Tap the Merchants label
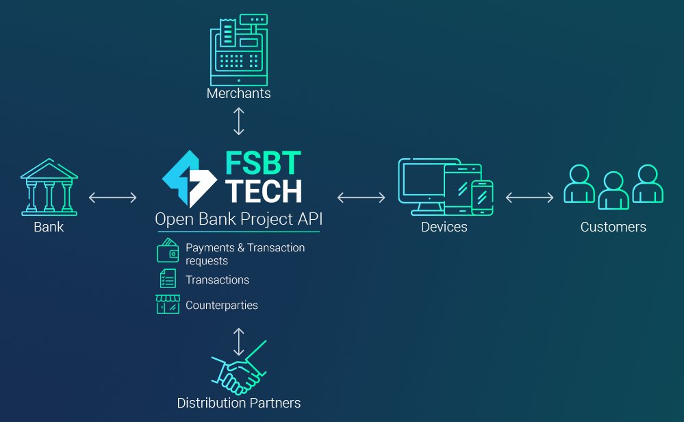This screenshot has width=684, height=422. coord(238,93)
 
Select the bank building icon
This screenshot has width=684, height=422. coord(48,186)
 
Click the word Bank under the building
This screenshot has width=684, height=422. coord(49,227)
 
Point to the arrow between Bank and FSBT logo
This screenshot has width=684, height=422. coord(113,197)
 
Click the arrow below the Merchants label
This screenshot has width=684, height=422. coord(238,121)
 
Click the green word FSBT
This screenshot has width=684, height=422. coord(263,162)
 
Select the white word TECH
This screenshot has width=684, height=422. coord(264,191)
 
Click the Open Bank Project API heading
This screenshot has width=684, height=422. coord(238,221)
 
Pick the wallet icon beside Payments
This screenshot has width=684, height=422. coord(168,252)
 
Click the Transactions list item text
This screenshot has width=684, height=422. coord(217,280)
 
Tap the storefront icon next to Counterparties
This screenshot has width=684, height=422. coord(168,304)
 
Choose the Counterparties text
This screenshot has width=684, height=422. coord(221,305)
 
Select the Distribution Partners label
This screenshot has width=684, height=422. coord(238,403)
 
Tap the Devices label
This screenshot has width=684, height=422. coord(444,227)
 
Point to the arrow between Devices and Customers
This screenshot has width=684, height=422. coord(529,197)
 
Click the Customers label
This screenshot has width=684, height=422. coord(613,227)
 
